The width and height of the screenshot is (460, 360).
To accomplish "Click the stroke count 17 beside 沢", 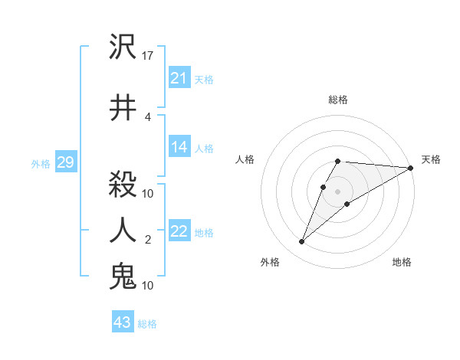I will point(149,56).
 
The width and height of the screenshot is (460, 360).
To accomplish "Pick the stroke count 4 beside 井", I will point(148,116).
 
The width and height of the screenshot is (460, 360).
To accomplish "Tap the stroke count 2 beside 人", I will point(148,240).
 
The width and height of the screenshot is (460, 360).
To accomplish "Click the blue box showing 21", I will point(179,78).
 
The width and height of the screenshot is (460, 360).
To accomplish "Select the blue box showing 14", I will point(179,148).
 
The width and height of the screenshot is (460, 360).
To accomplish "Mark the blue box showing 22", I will point(179,232).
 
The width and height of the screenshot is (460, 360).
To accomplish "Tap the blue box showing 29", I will point(65,162).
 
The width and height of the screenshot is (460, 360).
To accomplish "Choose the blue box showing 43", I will point(122,322).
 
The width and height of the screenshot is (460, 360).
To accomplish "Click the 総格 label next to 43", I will point(147,324).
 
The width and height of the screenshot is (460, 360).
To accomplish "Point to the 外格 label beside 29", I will point(40,163).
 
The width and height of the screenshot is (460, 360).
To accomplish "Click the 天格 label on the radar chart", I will point(431,159).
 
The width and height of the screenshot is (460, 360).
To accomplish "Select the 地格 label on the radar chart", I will point(402,262).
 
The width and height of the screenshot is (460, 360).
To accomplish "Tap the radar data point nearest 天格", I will point(411,168).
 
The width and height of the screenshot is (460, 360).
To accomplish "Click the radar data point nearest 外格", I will point(301,242).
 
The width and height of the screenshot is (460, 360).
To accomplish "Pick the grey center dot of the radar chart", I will point(337,191).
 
